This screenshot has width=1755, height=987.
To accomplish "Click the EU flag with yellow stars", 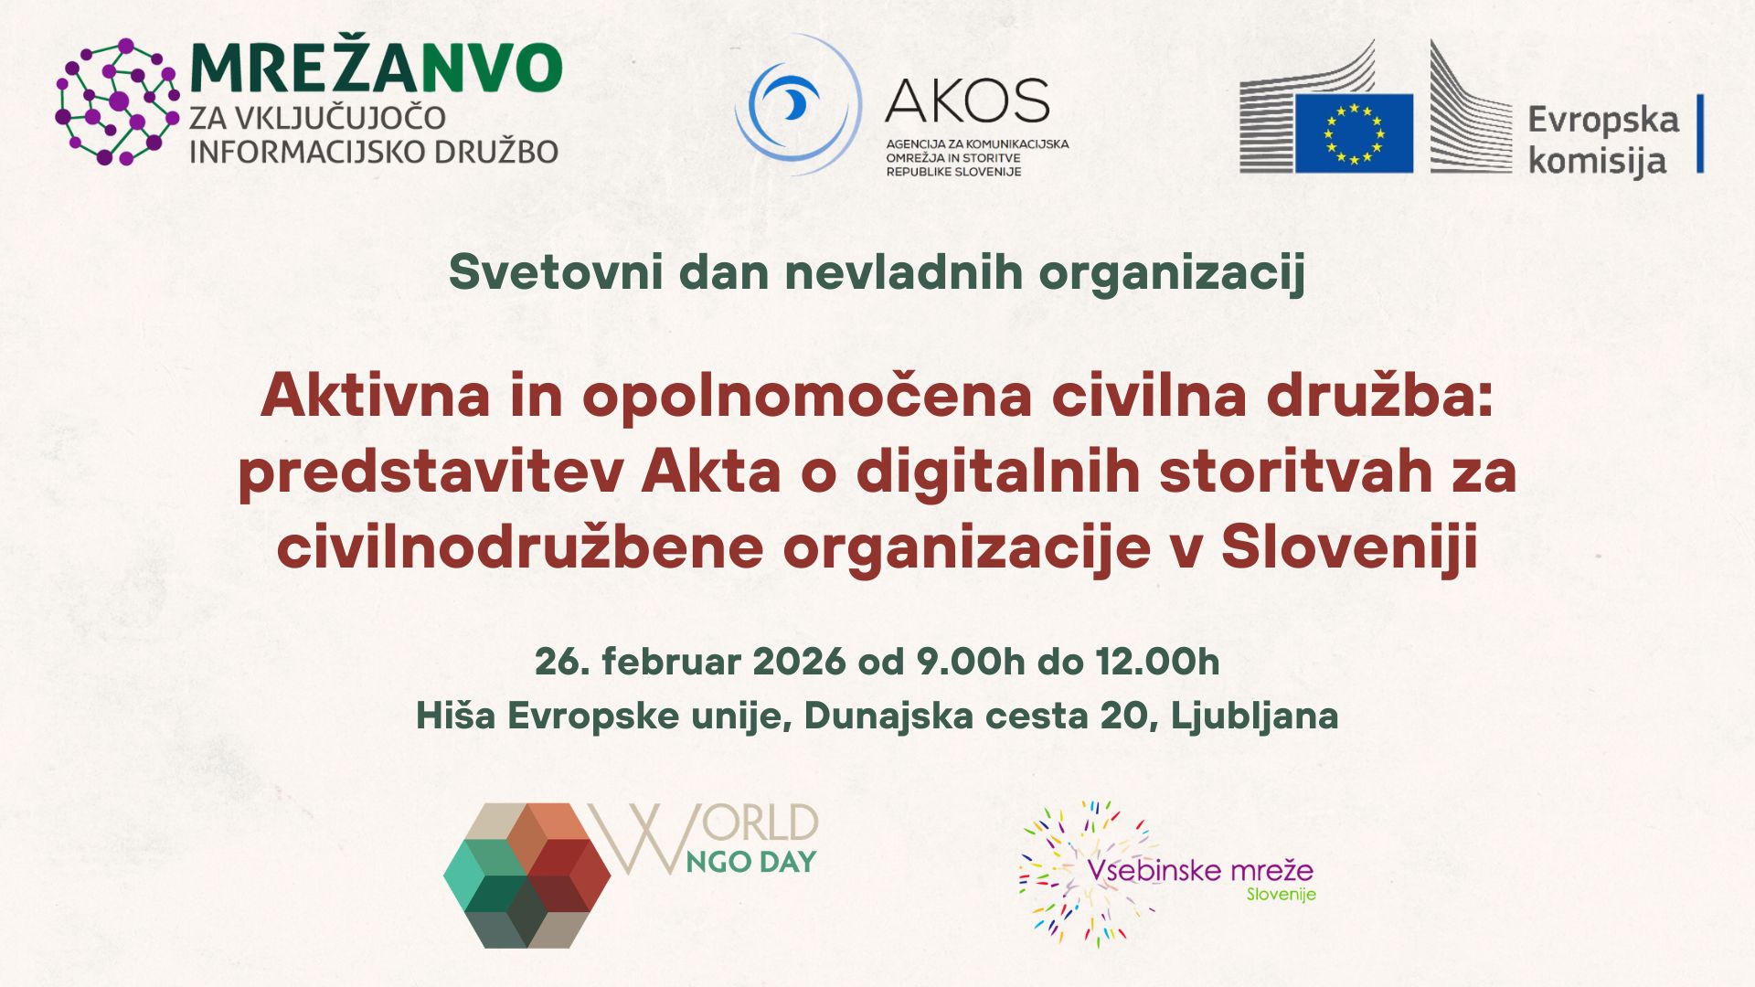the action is click(1354, 133).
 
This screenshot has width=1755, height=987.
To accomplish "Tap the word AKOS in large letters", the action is click(967, 101).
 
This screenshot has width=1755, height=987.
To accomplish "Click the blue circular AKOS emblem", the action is click(797, 104).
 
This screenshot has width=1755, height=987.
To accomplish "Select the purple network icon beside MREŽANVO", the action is click(117, 101).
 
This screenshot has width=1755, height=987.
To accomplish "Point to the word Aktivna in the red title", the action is click(376, 396).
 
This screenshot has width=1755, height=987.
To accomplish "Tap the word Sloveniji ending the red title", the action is click(1349, 547).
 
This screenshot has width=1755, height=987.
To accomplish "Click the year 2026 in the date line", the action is click(800, 662).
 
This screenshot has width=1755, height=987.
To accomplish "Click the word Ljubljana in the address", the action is click(1254, 716).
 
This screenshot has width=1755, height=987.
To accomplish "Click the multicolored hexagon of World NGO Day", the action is click(526, 875).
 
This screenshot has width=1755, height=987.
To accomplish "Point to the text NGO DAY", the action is click(750, 862).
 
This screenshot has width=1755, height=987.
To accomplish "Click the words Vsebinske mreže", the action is click(1200, 869).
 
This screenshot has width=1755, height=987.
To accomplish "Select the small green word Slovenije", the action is click(1282, 895).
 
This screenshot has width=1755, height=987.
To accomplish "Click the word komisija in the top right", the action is click(1597, 162).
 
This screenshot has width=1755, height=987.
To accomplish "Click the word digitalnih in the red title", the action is click(998, 472).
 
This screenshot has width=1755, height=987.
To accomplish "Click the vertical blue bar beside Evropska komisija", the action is click(1700, 133).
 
